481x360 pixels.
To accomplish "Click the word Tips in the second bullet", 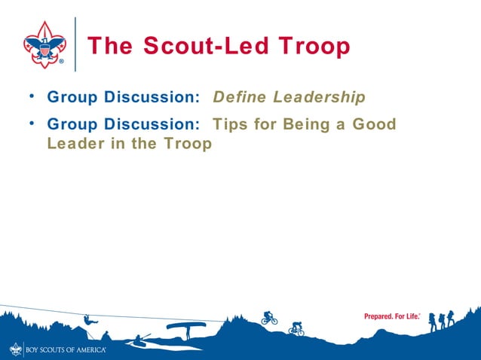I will pos(232,123).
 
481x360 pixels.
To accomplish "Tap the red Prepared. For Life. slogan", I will pos(392,316).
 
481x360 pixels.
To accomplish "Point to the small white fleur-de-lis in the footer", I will pos(17,349).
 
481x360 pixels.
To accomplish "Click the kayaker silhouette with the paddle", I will pos(139,340).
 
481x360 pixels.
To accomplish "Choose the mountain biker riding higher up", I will pos(269,318).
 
